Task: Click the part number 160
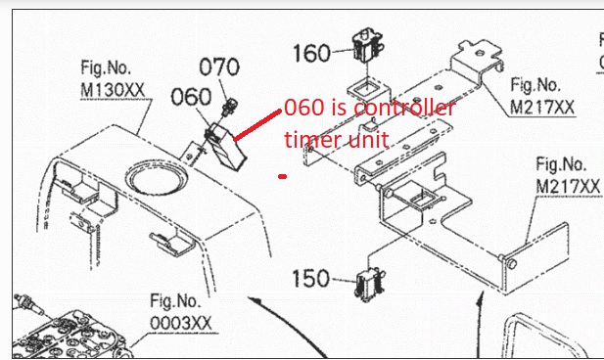click(x=311, y=53)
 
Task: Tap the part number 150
click(x=310, y=279)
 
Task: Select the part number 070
click(x=219, y=67)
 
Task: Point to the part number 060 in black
click(x=191, y=97)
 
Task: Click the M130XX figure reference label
click(x=113, y=79)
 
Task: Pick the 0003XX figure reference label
click(x=181, y=312)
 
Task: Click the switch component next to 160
click(x=367, y=45)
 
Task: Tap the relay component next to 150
click(x=370, y=284)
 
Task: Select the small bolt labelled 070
click(x=229, y=106)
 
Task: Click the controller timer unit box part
click(x=225, y=147)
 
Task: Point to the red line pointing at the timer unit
click(x=257, y=125)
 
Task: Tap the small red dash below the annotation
click(x=282, y=177)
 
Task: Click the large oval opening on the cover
click(x=157, y=178)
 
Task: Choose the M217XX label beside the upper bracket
click(x=542, y=96)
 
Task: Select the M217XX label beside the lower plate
click(x=568, y=176)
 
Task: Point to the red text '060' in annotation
click(x=304, y=108)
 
